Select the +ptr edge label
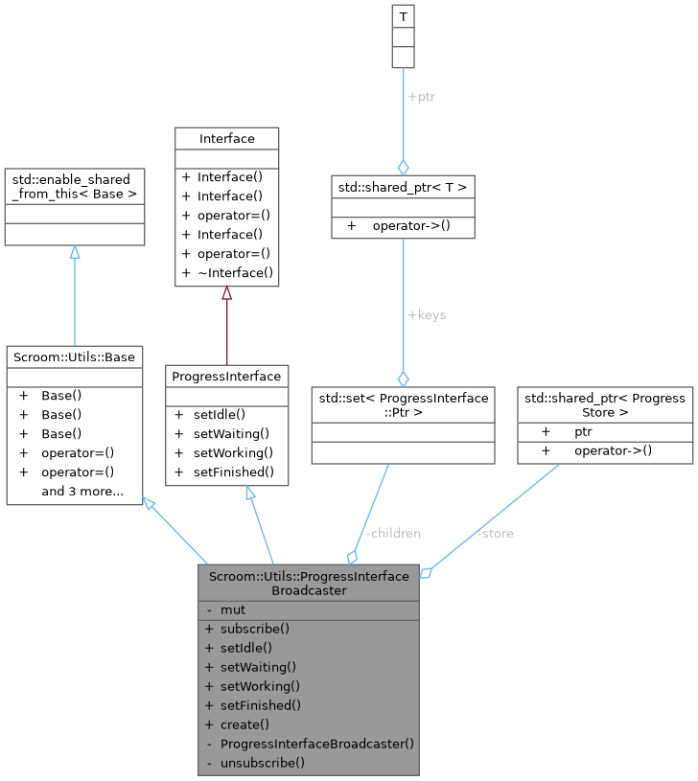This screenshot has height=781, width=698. pos(422,97)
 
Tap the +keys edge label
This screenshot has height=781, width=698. pos(427,314)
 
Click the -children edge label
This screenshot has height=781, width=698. pos(393,533)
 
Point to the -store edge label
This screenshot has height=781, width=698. pos(495,533)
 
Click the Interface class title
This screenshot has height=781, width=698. pos(227,139)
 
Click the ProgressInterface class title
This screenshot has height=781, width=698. pos(226,377)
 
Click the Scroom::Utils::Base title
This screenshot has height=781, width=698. pos(75,357)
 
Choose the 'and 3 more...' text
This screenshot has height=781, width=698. pos(82,492)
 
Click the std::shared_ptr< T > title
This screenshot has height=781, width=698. pos(402,187)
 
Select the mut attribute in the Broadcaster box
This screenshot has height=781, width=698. pos(233,609)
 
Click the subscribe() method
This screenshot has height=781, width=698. pos(254,629)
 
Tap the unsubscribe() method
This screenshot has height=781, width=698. pos(262,763)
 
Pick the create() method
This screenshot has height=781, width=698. pos(244,724)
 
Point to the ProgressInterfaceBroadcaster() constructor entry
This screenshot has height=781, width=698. pos(316,744)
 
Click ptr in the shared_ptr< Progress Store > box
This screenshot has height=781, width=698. pos(583,431)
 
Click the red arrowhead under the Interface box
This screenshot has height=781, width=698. pos(227,293)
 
